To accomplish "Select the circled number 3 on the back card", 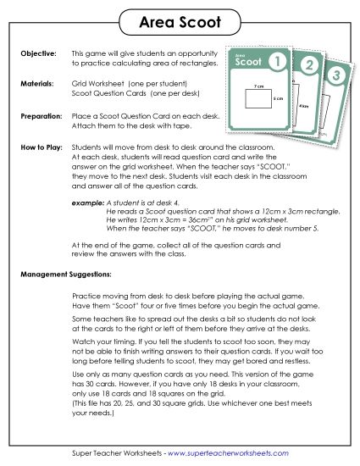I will click(x=337, y=76).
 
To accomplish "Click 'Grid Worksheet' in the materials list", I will click(x=101, y=85).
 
